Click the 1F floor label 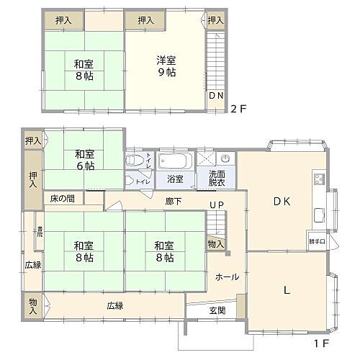[x=320, y=344]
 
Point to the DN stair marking [x=216, y=95]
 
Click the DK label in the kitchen [x=281, y=202]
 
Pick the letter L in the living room [x=286, y=290]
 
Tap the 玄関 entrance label [x=217, y=310]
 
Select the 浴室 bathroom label [x=176, y=178]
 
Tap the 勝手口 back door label [x=316, y=241]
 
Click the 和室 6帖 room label [x=85, y=159]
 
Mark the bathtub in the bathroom [x=175, y=159]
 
